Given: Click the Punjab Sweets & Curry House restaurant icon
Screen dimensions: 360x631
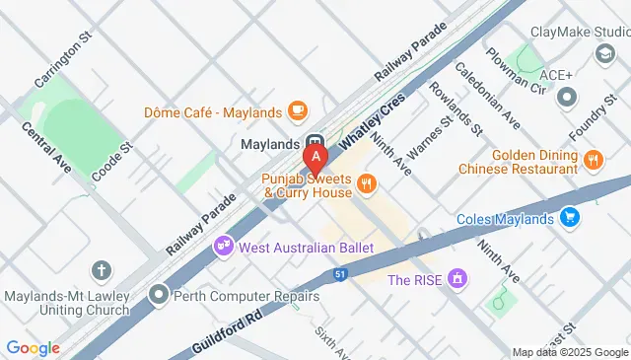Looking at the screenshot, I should pyautogui.click(x=366, y=182).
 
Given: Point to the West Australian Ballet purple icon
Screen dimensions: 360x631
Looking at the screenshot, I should pyautogui.click(x=225, y=246).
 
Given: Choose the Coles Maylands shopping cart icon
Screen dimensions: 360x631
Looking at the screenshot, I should pyautogui.click(x=568, y=217).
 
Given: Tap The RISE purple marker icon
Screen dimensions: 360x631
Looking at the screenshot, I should pyautogui.click(x=456, y=280).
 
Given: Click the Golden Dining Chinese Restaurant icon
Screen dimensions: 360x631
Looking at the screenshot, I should pyautogui.click(x=593, y=159).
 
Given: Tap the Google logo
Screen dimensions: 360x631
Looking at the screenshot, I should pyautogui.click(x=33, y=348).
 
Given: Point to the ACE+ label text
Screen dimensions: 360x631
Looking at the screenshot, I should pyautogui.click(x=556, y=75).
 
